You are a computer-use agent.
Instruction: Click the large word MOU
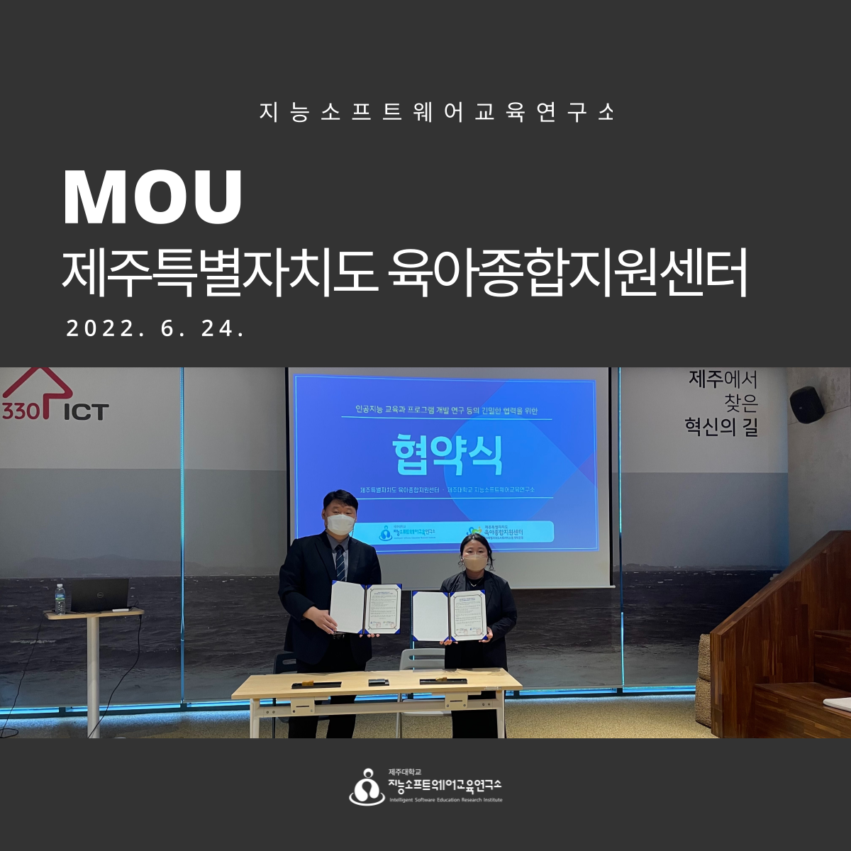coord(152,196)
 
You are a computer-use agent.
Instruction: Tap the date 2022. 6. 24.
coord(155,328)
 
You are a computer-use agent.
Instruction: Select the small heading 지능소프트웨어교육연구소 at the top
coord(437,112)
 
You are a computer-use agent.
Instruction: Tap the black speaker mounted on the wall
coord(806,404)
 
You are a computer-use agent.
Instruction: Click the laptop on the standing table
coord(99,595)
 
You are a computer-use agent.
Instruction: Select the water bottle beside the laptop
coord(60,599)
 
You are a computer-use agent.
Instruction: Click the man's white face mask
coord(340,523)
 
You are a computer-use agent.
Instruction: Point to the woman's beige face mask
coord(474,562)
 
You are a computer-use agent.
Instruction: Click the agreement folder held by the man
coord(365,608)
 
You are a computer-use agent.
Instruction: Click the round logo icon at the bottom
coord(367,786)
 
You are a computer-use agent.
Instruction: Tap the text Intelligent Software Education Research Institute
coord(445,800)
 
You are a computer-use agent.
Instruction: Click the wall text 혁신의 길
coord(721,427)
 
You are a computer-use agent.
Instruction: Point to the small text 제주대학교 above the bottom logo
coord(405,772)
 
